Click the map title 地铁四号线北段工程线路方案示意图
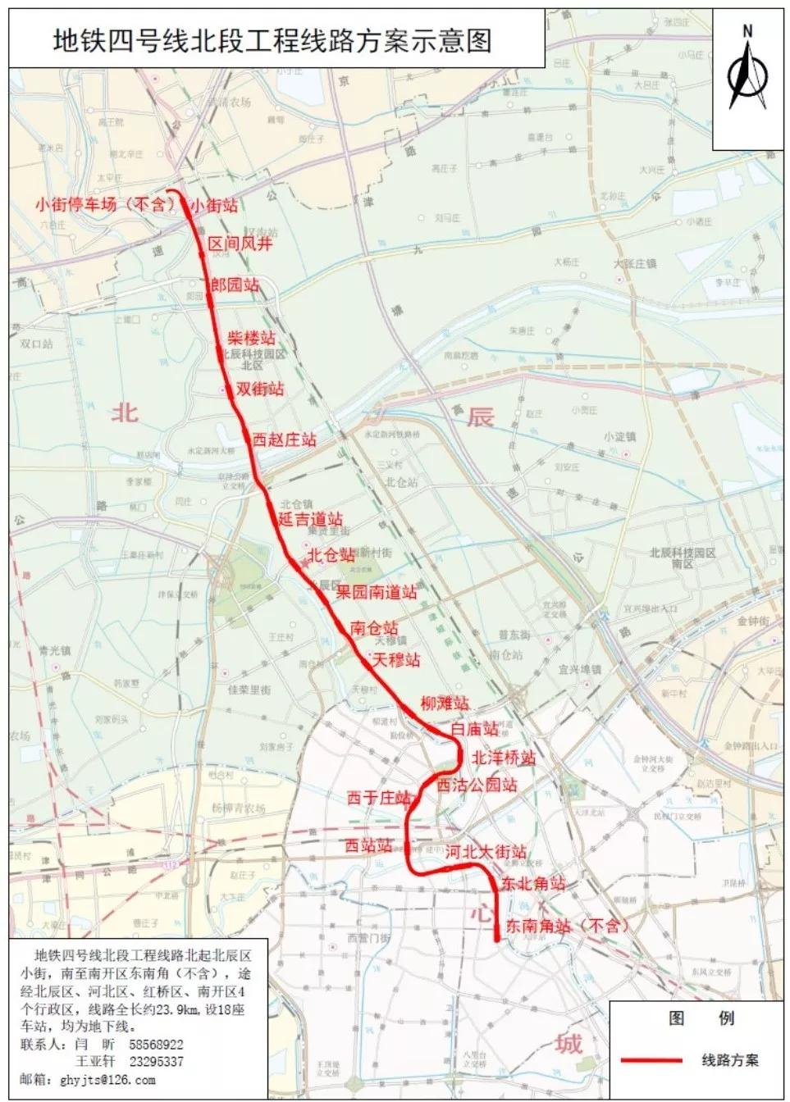(x=272, y=40)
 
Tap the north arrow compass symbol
(x=747, y=71)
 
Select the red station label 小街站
(x=215, y=205)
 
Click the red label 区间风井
(x=240, y=244)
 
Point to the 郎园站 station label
(x=235, y=285)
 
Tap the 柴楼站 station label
(x=251, y=337)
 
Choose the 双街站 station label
(x=260, y=389)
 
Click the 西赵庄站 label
(x=284, y=439)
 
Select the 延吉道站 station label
(x=310, y=519)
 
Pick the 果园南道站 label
(x=376, y=591)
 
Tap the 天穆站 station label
(x=395, y=659)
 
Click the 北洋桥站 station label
(x=503, y=757)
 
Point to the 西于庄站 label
(x=378, y=797)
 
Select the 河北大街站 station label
(x=486, y=852)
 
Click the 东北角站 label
(x=533, y=883)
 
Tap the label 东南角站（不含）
(x=566, y=926)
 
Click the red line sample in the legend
(x=651, y=1060)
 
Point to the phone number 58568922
(x=156, y=1045)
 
